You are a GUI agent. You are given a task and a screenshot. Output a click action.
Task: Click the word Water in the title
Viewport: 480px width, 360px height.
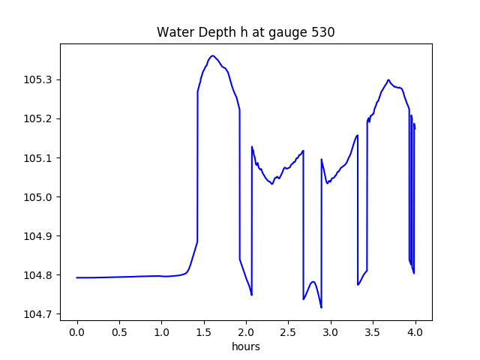173,32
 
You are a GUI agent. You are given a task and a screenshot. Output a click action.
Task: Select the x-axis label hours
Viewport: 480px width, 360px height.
246,347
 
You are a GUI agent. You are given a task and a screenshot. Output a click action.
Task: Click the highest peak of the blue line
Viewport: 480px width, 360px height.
213,55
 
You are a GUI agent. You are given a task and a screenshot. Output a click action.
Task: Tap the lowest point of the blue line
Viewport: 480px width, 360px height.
321,307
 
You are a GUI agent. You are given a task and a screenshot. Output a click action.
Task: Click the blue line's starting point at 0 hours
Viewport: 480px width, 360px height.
77,277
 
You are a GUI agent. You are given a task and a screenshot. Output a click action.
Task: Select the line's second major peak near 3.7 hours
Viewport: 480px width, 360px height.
388,79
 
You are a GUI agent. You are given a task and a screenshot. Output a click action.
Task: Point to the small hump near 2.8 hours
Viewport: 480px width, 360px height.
313,282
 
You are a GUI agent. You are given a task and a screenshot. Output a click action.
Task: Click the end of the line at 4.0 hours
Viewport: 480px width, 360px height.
415,128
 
